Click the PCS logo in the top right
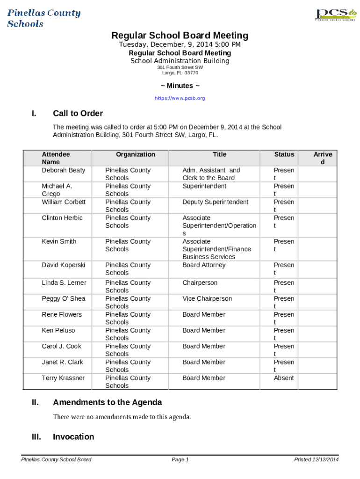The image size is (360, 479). point(332,14)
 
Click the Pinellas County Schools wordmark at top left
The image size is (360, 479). point(43,18)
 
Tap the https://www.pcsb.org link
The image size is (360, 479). point(180,98)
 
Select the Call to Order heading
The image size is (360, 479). point(78,113)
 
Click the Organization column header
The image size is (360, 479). point(136,154)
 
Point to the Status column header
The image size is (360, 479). point(284,154)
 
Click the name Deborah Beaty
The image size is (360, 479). point(64,170)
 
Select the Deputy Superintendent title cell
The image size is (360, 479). point(215,202)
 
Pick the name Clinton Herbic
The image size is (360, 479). point(62,218)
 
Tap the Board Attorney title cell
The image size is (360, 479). point(204,265)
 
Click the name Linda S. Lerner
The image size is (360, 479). point(64,283)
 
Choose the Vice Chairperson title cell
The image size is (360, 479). point(207,299)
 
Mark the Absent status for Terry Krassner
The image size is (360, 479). point(284,378)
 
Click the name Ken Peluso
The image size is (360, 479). point(58,331)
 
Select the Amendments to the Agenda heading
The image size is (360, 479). point(108,402)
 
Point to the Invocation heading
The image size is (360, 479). point(73,437)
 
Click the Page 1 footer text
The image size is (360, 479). point(180,460)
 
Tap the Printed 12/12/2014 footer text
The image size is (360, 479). point(316,460)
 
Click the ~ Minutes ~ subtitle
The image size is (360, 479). point(180,86)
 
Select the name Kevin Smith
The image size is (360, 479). point(59,242)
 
